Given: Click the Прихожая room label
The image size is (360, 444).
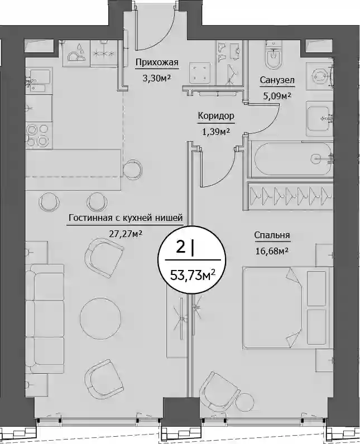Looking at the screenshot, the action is pyautogui.click(x=157, y=62).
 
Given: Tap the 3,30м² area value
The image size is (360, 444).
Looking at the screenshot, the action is pyautogui.click(x=157, y=78).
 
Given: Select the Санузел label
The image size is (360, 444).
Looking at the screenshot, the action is pyautogui.click(x=277, y=80).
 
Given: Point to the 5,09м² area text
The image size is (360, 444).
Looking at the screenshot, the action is pyautogui.click(x=277, y=96).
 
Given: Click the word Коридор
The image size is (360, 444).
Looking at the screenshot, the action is pyautogui.click(x=216, y=116).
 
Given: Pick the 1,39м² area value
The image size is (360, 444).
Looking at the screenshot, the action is pyautogui.click(x=215, y=132).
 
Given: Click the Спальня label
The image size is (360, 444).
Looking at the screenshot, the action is pyautogui.click(x=272, y=235).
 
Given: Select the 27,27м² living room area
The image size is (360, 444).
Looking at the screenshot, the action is pyautogui.click(x=126, y=234).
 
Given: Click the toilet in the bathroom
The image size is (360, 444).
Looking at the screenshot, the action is pyautogui.click(x=273, y=55).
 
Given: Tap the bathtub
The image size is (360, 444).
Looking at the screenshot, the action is pyautogui.click(x=293, y=159).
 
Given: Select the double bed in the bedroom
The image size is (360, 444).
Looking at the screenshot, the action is pyautogui.click(x=286, y=307).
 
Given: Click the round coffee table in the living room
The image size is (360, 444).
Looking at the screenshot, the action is pyautogui.click(x=101, y=316).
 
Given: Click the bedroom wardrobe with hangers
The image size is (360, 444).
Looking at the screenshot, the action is pyautogui.click(x=290, y=195).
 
